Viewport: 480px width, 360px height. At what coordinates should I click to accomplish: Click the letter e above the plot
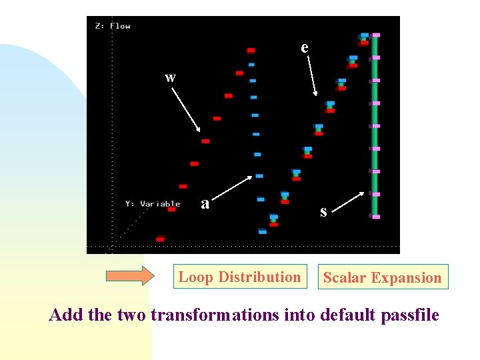click(x=305, y=48)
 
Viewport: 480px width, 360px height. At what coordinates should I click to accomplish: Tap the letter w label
click(x=171, y=78)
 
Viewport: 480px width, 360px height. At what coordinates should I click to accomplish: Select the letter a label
click(x=206, y=203)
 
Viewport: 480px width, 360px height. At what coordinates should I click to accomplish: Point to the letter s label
click(x=323, y=212)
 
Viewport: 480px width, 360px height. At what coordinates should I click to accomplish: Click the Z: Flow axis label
click(x=113, y=26)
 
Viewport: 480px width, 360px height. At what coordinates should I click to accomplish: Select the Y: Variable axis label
click(x=153, y=203)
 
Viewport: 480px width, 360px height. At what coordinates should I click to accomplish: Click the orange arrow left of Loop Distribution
click(x=130, y=275)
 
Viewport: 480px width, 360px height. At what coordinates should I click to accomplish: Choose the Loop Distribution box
click(x=239, y=277)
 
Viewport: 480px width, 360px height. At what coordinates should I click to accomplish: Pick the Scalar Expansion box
click(x=382, y=277)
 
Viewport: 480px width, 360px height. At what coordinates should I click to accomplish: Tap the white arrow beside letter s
click(x=348, y=201)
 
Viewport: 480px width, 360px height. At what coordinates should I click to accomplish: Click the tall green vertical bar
click(x=375, y=127)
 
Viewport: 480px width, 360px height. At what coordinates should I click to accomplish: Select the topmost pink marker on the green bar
click(x=376, y=35)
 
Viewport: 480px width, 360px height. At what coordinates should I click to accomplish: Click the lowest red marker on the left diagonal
click(x=160, y=238)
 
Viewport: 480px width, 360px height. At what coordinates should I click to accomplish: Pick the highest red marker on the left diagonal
click(x=251, y=50)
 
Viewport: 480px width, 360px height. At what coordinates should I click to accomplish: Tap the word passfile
click(x=408, y=315)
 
